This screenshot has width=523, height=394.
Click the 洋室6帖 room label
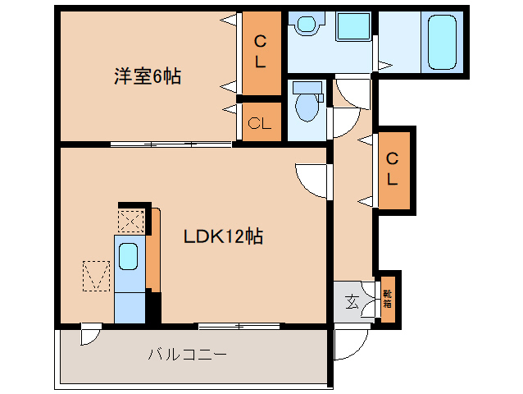[147, 77]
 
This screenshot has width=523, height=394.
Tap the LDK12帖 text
[222, 236]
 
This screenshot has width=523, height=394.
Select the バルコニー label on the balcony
[187, 355]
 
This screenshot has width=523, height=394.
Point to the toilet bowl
[308, 103]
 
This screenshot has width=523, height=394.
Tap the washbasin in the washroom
[308, 25]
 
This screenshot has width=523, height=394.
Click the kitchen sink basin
[129, 256]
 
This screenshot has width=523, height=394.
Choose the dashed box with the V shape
[96, 274]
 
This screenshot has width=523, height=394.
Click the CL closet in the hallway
[393, 168]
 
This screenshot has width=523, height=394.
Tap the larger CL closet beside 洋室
[260, 52]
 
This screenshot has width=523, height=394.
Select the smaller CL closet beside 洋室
[260, 123]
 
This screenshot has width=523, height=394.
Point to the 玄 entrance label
[352, 301]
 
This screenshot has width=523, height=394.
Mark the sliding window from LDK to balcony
[239, 326]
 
